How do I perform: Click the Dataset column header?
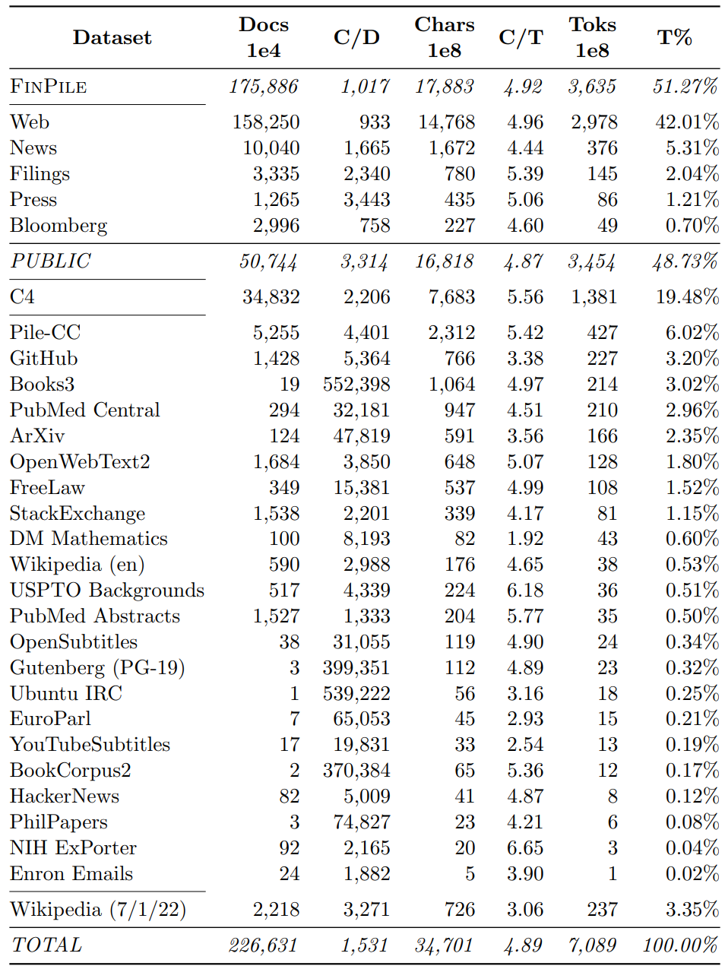112,37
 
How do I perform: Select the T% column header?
674,37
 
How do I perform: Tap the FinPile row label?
49,87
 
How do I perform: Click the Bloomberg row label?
59,226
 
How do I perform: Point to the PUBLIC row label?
50,261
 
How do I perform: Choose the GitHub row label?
44,359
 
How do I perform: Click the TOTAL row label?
46,945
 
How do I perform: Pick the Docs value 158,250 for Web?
266,122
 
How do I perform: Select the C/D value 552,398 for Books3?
356,385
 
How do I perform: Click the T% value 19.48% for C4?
687,297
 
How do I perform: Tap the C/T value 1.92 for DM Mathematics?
525,539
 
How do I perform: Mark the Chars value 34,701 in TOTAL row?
444,945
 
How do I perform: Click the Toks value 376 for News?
602,148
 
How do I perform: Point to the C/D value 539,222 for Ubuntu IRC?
356,694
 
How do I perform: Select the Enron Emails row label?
71,874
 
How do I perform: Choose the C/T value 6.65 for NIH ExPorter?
525,848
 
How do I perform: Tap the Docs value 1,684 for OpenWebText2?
277,462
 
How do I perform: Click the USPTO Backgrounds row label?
107,591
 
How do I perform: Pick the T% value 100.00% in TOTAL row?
680,945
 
